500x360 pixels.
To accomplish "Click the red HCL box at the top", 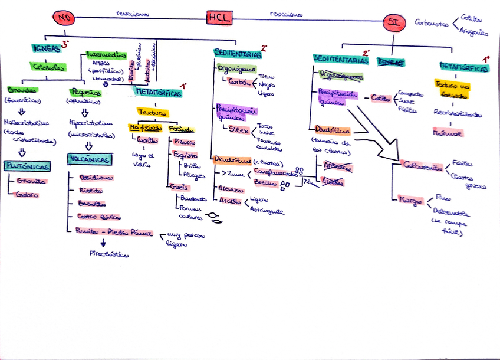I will [x=218, y=18].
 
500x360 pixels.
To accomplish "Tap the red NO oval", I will [x=65, y=19].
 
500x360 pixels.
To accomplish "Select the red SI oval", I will [x=393, y=23].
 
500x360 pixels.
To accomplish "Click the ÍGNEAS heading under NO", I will [x=46, y=49].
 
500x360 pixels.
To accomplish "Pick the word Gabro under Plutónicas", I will [x=27, y=195].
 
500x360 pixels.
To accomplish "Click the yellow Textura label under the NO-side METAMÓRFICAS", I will [x=153, y=112].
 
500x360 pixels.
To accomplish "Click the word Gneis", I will [x=176, y=186].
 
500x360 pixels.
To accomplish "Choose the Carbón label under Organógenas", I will [x=239, y=81].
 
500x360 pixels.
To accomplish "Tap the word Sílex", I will [x=238, y=129].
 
